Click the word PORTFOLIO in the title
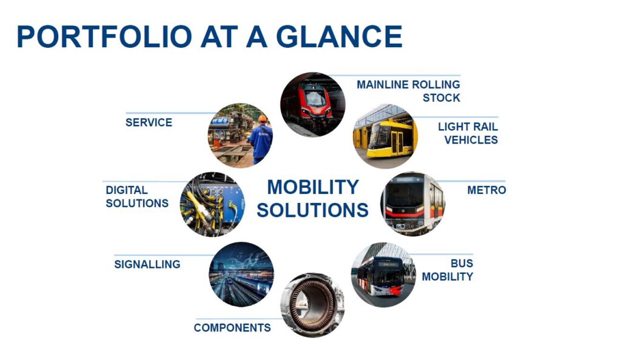(x=104, y=36)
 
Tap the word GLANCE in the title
(x=339, y=36)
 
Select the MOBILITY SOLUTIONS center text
(x=312, y=199)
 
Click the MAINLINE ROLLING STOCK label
(x=408, y=91)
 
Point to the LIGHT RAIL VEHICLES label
(x=468, y=133)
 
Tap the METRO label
(x=486, y=190)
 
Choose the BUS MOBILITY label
(x=448, y=270)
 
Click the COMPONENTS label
(x=232, y=327)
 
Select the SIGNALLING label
(x=147, y=264)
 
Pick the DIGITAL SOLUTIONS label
(x=137, y=196)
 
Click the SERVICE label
(x=149, y=122)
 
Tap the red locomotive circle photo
(x=312, y=104)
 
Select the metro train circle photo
(x=413, y=204)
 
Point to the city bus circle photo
(x=383, y=275)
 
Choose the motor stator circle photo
(x=312, y=305)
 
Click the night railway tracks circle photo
(x=241, y=275)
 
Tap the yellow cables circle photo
(x=213, y=204)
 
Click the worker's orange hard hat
(x=263, y=118)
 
